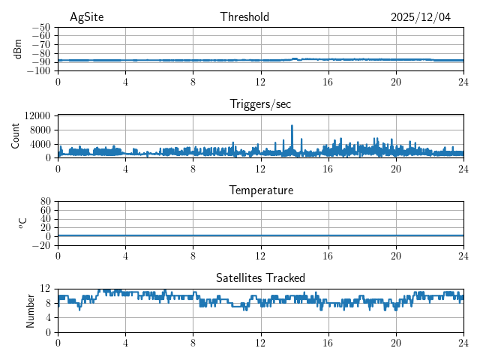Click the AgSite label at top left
[x=86, y=17]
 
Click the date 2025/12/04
[x=421, y=17]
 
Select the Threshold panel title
[x=244, y=17]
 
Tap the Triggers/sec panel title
[x=260, y=104]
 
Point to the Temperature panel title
[x=260, y=190]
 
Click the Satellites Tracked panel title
[x=260, y=277]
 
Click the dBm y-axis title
[x=17, y=49]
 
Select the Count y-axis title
[x=16, y=136]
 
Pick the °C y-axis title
[x=22, y=223]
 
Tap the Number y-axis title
[x=30, y=310]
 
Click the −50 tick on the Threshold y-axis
[x=41, y=27]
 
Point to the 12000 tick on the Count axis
[x=37, y=115]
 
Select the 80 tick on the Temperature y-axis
[x=45, y=202]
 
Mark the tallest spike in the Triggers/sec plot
[x=292, y=126]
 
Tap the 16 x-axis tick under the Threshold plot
[x=328, y=81]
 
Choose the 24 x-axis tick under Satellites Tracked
[x=463, y=342]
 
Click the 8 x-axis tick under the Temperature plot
[x=193, y=255]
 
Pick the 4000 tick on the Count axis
[x=40, y=144]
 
